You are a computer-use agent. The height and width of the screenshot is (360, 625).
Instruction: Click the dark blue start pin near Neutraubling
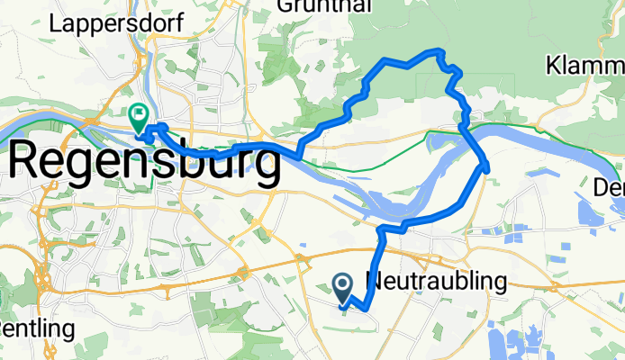tap(343, 287)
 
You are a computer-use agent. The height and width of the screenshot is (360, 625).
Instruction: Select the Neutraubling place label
tap(437, 282)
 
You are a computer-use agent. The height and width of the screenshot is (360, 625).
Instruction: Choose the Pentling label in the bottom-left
tap(36, 329)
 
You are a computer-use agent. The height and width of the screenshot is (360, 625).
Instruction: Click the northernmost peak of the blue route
tap(439, 50)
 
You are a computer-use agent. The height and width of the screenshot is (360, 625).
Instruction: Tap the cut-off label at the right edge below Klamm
tap(611, 188)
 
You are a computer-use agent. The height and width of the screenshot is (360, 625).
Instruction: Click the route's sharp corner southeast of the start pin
tap(367, 312)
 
